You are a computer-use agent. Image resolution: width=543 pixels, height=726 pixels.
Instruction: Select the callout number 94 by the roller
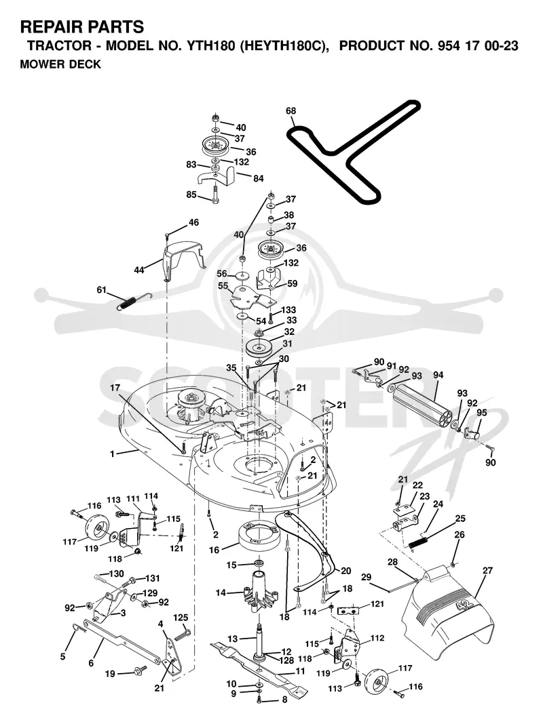tap(438, 375)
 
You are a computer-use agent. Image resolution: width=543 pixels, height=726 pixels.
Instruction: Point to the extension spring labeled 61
tap(134, 301)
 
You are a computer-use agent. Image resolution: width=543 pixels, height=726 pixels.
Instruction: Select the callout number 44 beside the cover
tap(139, 270)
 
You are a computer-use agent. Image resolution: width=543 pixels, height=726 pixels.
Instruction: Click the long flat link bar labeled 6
tap(122, 642)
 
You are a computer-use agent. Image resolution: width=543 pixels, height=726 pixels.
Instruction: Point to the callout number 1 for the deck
tap(112, 454)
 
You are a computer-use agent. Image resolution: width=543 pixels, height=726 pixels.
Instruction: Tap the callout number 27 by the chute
tap(487, 571)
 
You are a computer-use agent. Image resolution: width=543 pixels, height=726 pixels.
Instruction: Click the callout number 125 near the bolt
tap(181, 618)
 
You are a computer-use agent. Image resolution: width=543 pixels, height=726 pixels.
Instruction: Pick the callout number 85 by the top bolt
tap(191, 195)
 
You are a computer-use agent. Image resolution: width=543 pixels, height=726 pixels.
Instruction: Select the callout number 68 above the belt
tap(291, 110)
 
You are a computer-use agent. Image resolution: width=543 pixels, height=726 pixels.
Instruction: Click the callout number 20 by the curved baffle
tap(346, 571)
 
